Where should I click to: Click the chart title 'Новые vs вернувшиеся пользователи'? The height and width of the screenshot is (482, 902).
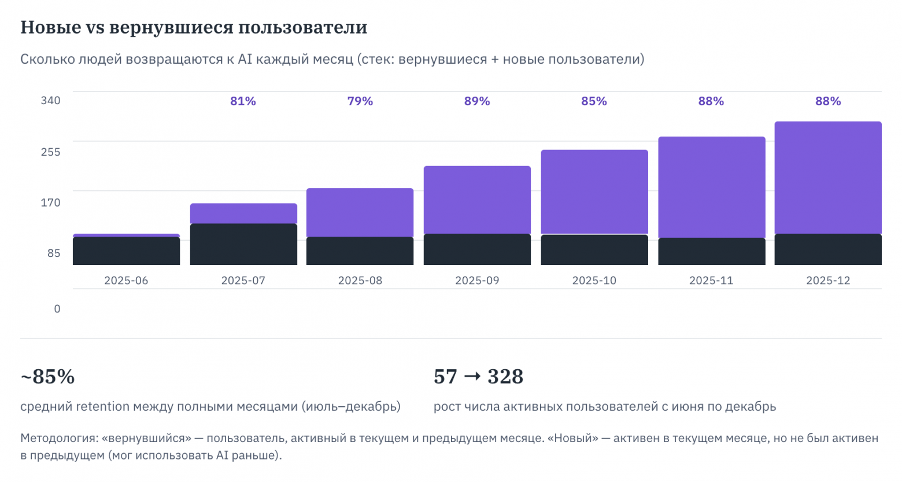[x=194, y=27]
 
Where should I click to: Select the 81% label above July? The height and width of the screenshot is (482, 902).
[x=243, y=101]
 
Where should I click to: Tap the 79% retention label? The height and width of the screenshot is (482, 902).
[x=360, y=101]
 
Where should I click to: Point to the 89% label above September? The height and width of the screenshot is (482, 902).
[x=477, y=101]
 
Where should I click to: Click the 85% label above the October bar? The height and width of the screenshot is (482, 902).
[x=594, y=101]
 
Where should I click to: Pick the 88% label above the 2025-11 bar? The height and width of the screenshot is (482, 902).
[x=711, y=101]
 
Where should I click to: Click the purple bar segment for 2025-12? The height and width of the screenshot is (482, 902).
[x=828, y=177]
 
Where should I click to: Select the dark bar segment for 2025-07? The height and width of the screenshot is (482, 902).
[x=243, y=244]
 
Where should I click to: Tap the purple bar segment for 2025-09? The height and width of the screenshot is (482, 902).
[x=477, y=200]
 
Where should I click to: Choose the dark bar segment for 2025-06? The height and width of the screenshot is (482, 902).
[x=126, y=251]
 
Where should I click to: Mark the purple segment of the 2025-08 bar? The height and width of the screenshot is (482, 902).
[x=360, y=212]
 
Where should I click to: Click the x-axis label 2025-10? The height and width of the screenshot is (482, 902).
[x=594, y=281]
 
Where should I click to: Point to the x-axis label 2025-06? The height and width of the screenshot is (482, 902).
[x=126, y=281]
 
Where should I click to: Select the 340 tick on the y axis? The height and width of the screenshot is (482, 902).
[x=50, y=101]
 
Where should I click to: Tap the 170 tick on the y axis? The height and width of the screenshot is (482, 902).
[x=50, y=203]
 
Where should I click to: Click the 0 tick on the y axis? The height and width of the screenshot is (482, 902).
[x=57, y=309]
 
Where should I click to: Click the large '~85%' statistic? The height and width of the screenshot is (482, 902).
[x=47, y=377]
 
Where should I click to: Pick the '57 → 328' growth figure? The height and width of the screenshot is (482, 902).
[x=478, y=377]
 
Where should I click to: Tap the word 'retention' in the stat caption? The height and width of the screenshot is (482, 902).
[x=102, y=406]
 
